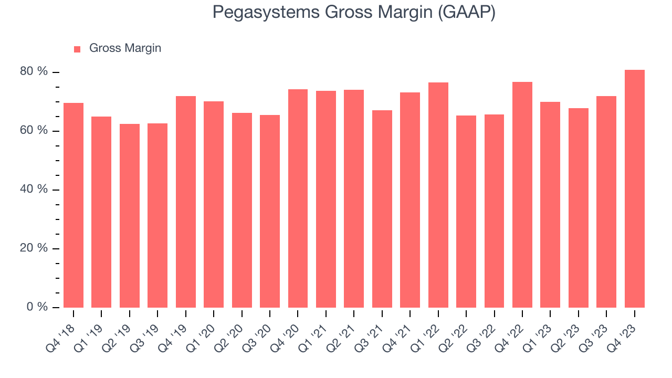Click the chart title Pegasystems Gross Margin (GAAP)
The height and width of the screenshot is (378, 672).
point(354,13)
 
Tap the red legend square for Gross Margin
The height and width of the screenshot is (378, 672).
point(77,49)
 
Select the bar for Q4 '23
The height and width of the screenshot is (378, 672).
point(634,189)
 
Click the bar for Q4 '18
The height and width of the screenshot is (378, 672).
point(73,205)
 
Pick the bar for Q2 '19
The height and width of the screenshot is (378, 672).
point(130,216)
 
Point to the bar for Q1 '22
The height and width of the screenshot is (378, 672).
point(438,195)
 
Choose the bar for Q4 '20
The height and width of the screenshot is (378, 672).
point(298,198)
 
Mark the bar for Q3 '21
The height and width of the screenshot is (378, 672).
point(382,209)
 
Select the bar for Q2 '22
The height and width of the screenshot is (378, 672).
point(466,212)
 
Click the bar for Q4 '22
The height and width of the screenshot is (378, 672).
point(522,195)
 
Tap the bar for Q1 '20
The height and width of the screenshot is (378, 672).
point(214,204)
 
